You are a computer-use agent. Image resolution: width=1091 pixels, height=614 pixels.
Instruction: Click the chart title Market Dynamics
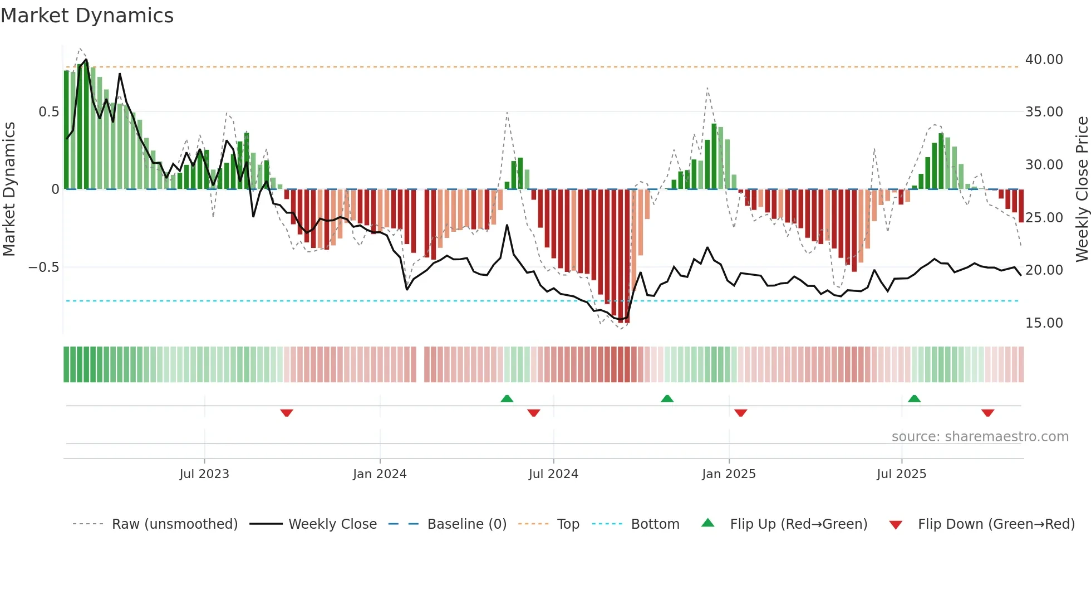pyautogui.click(x=87, y=16)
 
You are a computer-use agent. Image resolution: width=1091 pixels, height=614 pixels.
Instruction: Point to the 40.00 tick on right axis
pyautogui.click(x=1044, y=60)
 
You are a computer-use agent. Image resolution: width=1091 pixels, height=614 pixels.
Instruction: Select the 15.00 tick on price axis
pyautogui.click(x=1044, y=323)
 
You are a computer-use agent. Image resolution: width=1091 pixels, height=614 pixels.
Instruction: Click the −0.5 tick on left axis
pyautogui.click(x=43, y=267)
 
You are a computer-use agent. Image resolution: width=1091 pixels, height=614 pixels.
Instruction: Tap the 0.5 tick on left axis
pyautogui.click(x=48, y=112)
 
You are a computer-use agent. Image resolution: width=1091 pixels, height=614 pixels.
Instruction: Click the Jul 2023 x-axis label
pyautogui.click(x=204, y=474)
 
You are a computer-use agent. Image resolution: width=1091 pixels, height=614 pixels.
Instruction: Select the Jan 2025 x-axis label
pyautogui.click(x=729, y=474)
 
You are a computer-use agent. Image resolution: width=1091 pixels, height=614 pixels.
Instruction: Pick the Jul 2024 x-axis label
pyautogui.click(x=553, y=474)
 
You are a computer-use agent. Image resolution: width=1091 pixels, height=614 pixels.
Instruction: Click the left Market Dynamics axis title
pyautogui.click(x=9, y=189)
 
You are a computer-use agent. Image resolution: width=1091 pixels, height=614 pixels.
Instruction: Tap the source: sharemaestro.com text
pyautogui.click(x=980, y=437)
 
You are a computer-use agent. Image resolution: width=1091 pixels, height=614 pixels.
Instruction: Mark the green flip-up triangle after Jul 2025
pyautogui.click(x=914, y=398)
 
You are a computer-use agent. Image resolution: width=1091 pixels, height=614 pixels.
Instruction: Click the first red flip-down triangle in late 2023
pyautogui.click(x=287, y=413)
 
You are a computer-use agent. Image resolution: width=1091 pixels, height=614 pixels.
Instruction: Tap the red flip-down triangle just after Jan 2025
pyautogui.click(x=740, y=413)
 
